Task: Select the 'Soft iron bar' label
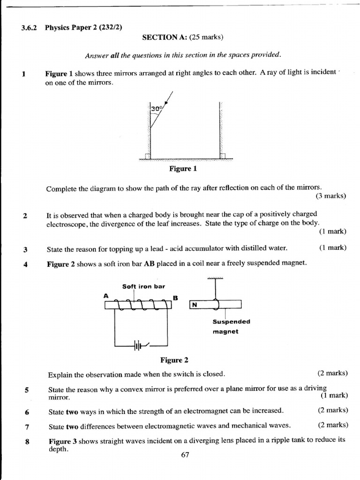pyautogui.click(x=143, y=286)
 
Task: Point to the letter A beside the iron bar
pyautogui.click(x=106, y=296)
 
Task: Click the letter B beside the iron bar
pyautogui.click(x=175, y=297)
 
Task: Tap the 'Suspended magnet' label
pyautogui.click(x=231, y=326)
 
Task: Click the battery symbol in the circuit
pyautogui.click(x=137, y=346)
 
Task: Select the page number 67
pyautogui.click(x=185, y=455)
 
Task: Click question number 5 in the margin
pyautogui.click(x=27, y=390)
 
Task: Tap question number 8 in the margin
pyautogui.click(x=27, y=441)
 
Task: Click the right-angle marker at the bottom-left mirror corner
pyautogui.click(x=148, y=156)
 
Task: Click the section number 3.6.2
pyautogui.click(x=30, y=27)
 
